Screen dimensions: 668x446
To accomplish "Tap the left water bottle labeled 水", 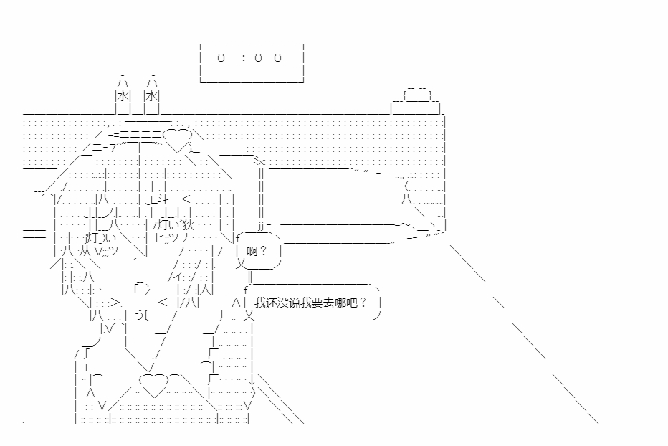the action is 123,95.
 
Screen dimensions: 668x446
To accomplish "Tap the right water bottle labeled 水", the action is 152,95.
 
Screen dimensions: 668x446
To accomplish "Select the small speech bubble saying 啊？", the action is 259,251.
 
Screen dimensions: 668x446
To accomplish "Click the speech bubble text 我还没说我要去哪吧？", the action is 310,303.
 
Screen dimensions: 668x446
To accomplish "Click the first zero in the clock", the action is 221,57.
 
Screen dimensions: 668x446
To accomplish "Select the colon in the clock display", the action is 243,57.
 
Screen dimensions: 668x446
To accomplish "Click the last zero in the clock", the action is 278,57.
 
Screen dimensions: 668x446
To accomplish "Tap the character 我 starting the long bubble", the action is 260,303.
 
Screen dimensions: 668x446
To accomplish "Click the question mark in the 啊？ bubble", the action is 263,251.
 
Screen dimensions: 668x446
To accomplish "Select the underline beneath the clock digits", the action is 254,65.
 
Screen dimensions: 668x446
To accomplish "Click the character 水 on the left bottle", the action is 123,96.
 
